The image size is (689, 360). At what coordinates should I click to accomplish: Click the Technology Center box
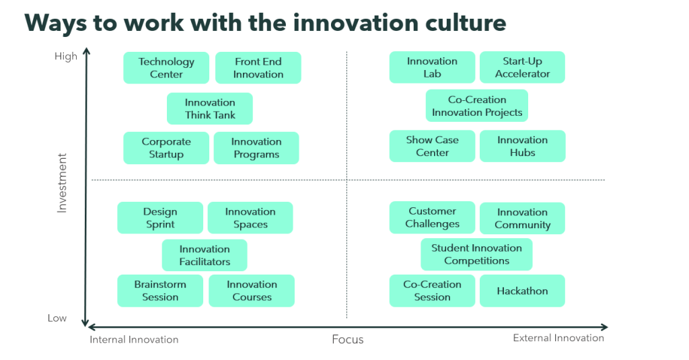pyautogui.click(x=166, y=68)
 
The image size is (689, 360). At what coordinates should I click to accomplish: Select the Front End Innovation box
pyautogui.click(x=258, y=68)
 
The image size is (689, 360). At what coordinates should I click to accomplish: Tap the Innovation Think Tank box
pyautogui.click(x=210, y=108)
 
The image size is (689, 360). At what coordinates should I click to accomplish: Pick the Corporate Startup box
pyautogui.click(x=166, y=148)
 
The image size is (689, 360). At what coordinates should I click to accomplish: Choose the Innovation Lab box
pyautogui.click(x=432, y=67)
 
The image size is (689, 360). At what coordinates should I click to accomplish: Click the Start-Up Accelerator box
pyautogui.click(x=522, y=67)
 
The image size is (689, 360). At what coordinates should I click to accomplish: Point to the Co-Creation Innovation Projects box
pyautogui.click(x=477, y=106)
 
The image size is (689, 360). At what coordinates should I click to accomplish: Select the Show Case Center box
pyautogui.click(x=432, y=146)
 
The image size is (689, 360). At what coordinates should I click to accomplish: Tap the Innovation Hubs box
pyautogui.click(x=522, y=146)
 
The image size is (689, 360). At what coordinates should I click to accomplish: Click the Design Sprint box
pyautogui.click(x=160, y=217)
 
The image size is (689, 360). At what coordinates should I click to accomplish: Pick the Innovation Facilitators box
pyautogui.click(x=205, y=255)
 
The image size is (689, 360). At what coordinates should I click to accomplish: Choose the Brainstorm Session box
pyautogui.click(x=160, y=291)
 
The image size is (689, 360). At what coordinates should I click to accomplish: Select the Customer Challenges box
pyautogui.click(x=432, y=217)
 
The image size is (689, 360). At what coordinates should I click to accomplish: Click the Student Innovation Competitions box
pyautogui.click(x=476, y=254)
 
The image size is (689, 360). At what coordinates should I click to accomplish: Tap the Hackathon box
pyautogui.click(x=522, y=291)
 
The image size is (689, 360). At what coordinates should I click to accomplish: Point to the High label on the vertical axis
pyautogui.click(x=66, y=57)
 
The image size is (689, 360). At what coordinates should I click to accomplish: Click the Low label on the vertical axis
pyautogui.click(x=57, y=318)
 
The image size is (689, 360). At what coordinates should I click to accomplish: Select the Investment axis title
pyautogui.click(x=62, y=183)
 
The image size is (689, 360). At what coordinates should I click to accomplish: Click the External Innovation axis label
pyautogui.click(x=558, y=338)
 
